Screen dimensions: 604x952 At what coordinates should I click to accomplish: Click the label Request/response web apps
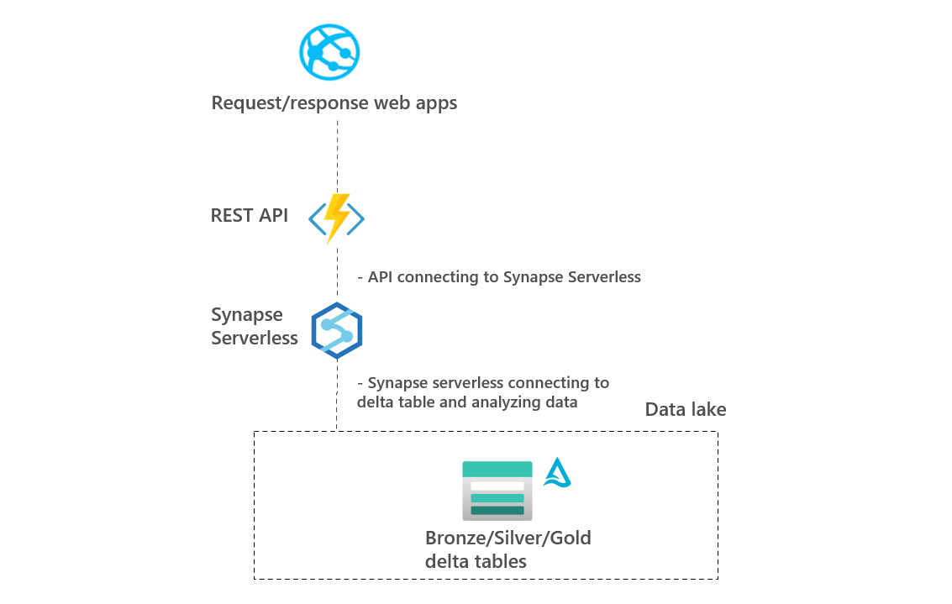pos(334,103)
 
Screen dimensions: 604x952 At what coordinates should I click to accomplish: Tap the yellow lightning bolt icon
pos(336,217)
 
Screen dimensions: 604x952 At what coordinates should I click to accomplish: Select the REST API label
pos(249,215)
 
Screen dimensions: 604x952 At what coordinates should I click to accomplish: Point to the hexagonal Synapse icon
pos(336,330)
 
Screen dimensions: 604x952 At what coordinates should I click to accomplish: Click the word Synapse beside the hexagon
pos(247,316)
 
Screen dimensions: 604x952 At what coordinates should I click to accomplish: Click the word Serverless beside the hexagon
pos(255,338)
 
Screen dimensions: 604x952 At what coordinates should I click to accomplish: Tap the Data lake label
pos(685,410)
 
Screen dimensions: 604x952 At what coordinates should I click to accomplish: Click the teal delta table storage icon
pos(497,491)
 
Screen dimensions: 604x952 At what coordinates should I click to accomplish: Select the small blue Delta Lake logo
pos(556,473)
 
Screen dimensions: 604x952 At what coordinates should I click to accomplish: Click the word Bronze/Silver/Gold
pos(508,538)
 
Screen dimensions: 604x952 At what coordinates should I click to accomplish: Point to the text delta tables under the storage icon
pos(476,560)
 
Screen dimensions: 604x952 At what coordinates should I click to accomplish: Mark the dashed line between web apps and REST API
pos(337,155)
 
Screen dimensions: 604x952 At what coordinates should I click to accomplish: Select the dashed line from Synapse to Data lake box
pos(337,395)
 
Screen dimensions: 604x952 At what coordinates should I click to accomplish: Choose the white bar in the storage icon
pos(497,486)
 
